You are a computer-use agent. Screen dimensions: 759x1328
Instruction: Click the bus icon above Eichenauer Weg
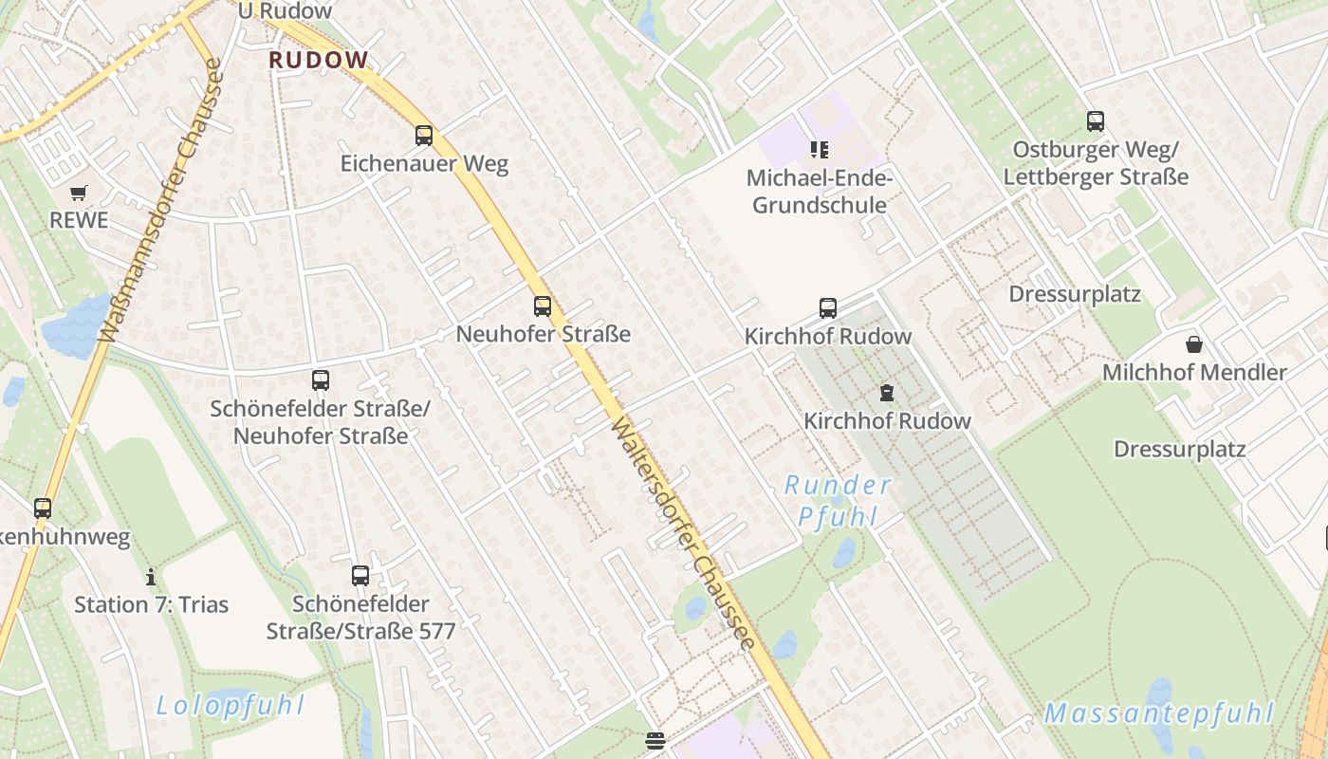424,136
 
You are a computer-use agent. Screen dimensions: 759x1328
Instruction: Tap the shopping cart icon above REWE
79,193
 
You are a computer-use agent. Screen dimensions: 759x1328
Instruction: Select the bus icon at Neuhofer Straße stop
543,306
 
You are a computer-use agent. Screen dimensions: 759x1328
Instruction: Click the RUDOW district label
319,60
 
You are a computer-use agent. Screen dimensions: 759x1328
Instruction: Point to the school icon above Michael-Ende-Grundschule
820,149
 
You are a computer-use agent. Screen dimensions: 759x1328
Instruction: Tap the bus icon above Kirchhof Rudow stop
828,308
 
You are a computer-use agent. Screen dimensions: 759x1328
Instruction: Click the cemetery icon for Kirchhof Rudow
887,392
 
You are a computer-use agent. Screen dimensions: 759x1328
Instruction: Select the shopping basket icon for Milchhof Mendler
1194,344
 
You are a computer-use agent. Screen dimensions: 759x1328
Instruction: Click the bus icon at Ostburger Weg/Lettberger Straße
1096,121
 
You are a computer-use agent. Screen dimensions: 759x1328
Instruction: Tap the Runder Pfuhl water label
838,501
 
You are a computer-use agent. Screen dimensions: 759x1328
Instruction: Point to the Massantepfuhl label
1158,713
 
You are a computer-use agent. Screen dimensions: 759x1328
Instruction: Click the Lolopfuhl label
231,705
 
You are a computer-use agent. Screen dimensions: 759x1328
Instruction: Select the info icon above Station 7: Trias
151,577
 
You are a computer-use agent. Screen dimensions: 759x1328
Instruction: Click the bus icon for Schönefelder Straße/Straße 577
360,575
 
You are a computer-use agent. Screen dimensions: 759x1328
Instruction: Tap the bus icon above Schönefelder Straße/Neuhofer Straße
321,380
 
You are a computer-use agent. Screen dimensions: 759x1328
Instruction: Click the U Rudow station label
286,11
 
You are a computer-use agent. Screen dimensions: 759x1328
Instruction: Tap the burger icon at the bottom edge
655,741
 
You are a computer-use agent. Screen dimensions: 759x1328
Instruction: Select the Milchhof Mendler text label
1194,373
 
